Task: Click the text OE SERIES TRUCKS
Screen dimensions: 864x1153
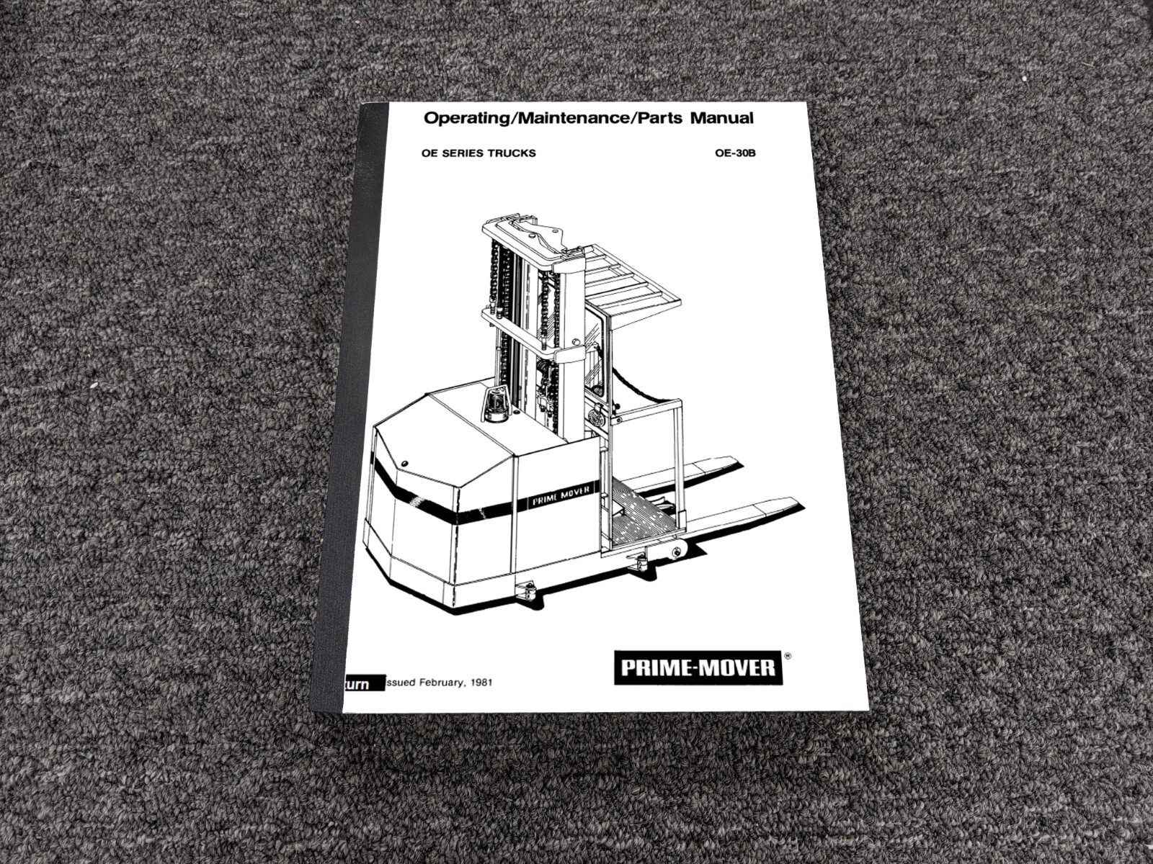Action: (478, 153)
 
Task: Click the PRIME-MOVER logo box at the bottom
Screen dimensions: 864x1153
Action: (698, 668)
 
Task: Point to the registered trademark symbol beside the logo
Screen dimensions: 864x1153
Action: (787, 657)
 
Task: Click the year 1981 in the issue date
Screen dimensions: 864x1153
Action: (481, 682)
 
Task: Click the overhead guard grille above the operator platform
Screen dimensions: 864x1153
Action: (627, 277)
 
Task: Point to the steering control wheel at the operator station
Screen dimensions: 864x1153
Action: (596, 416)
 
